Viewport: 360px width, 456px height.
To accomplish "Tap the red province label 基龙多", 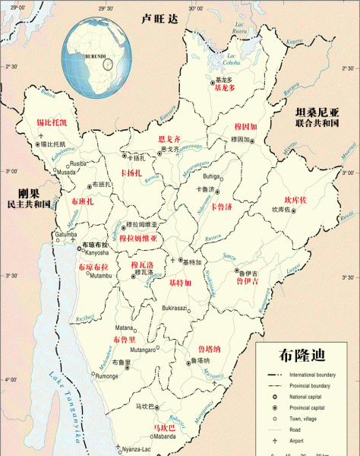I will (226, 88).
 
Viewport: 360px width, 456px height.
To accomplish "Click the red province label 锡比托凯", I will (52, 122).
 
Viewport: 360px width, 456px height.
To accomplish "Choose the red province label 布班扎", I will (82, 201).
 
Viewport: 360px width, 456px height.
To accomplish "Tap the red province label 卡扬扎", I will (134, 174).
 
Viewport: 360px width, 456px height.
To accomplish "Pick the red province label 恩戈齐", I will (169, 140).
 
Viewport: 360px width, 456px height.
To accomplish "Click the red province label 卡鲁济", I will (222, 206).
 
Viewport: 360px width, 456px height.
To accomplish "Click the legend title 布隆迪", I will (302, 356).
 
